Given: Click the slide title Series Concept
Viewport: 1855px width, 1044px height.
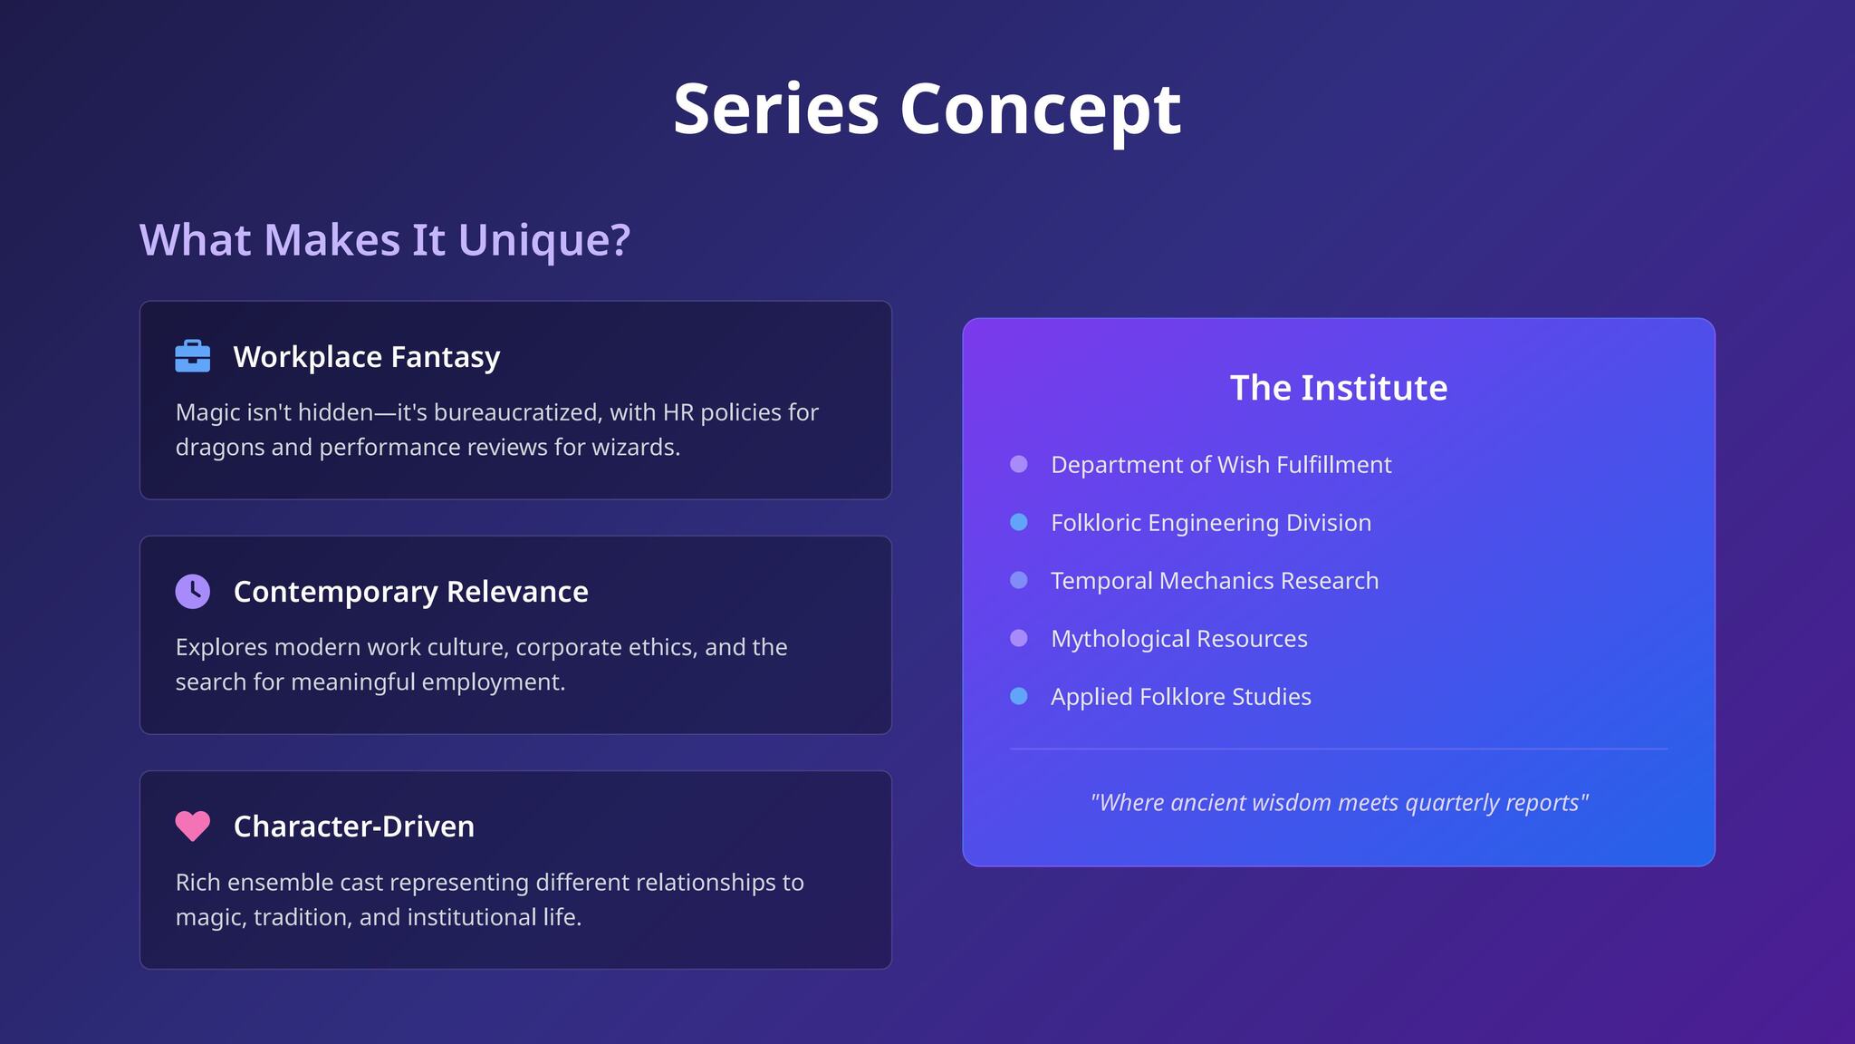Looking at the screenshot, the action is pos(927,109).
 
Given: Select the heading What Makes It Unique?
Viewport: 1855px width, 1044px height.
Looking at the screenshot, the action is pos(384,240).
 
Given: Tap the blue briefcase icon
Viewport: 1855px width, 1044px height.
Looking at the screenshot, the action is pos(192,356).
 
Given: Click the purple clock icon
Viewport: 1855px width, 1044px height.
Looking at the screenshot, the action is pos(192,591).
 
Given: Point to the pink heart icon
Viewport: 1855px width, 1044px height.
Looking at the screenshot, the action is pos(192,826).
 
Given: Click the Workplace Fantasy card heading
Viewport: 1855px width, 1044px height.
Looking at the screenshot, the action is pos(367,357).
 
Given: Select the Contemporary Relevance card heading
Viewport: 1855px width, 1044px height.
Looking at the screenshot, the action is pos(411,592).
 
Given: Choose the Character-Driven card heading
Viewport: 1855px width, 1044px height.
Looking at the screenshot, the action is pos(354,826).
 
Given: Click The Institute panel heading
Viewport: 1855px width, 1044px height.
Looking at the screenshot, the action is pos(1339,388).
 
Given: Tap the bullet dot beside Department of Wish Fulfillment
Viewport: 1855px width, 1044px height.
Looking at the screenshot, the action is pos(1019,464).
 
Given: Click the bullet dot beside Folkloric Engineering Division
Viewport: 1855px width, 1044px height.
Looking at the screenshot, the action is pos(1019,522).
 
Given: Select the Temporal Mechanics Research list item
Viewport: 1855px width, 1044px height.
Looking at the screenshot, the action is pos(1215,581).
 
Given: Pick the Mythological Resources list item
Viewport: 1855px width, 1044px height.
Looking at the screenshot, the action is pos(1179,639).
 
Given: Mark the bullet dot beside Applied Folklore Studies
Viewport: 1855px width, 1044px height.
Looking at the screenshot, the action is pos(1019,696).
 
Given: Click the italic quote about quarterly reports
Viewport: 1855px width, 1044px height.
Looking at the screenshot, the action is pos(1339,803).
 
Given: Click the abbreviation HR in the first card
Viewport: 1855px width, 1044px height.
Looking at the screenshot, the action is pos(678,412).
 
